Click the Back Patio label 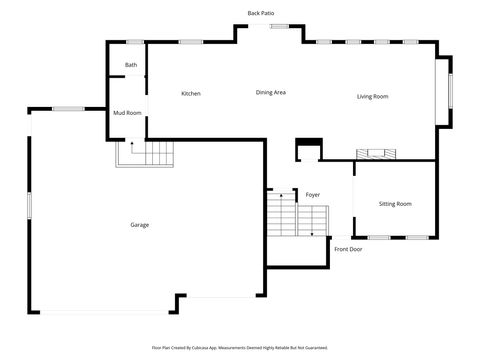(x=261, y=13)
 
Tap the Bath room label (x=131, y=66)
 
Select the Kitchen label (x=190, y=94)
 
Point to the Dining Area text (x=271, y=92)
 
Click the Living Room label (x=372, y=96)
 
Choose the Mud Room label (x=127, y=113)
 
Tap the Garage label (x=139, y=225)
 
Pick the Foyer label (x=313, y=194)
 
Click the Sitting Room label (x=395, y=204)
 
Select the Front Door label (x=348, y=249)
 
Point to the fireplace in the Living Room (x=377, y=154)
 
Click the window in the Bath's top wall (x=134, y=42)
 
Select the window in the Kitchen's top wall (x=191, y=42)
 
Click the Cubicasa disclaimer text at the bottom (x=240, y=348)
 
